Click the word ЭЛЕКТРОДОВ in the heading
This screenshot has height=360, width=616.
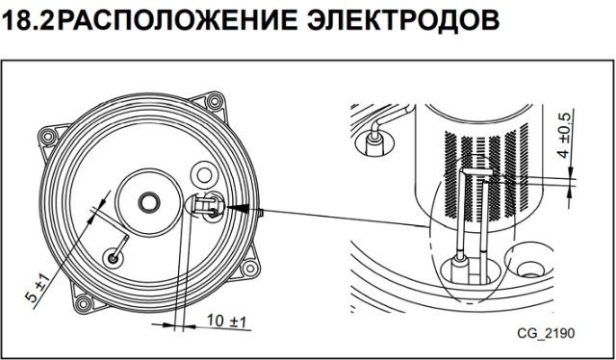403,21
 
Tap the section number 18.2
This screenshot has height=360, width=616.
28,21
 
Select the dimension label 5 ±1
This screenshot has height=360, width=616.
39,289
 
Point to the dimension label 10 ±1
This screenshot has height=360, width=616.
226,321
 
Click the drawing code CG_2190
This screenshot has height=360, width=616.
546,333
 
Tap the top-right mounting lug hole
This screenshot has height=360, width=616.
215,101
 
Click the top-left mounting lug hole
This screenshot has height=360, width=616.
48,137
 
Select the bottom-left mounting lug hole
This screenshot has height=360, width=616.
84,303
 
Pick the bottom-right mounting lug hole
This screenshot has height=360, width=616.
250,269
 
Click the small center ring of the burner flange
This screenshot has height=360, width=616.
149,203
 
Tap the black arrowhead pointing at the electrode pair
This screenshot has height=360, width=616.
238,208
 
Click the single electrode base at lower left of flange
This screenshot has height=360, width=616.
114,258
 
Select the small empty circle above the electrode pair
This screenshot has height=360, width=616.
204,175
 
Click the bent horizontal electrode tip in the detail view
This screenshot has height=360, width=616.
476,172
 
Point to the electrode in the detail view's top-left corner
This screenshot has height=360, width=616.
374,140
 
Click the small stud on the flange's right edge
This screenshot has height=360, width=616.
261,212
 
